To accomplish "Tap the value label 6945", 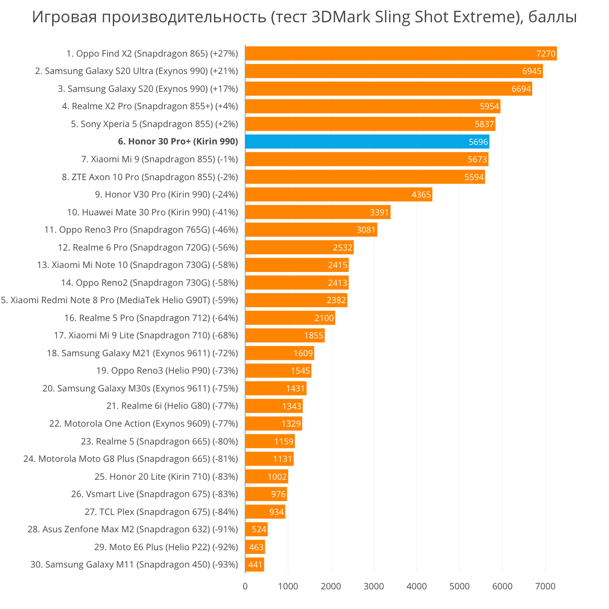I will [x=532, y=71].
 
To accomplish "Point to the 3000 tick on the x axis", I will [x=374, y=586].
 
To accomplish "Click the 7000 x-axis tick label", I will [x=545, y=586].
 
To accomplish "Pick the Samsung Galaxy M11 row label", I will [x=134, y=564].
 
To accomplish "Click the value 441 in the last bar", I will [x=255, y=565].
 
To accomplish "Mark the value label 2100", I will [x=324, y=318].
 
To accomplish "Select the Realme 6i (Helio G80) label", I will [x=172, y=406].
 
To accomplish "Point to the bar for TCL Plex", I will [x=265, y=512].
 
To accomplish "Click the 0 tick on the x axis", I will [x=245, y=586].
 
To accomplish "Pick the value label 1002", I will [x=277, y=477].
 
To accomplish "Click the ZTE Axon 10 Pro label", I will [x=150, y=177].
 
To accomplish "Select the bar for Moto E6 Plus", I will [x=255, y=547].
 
